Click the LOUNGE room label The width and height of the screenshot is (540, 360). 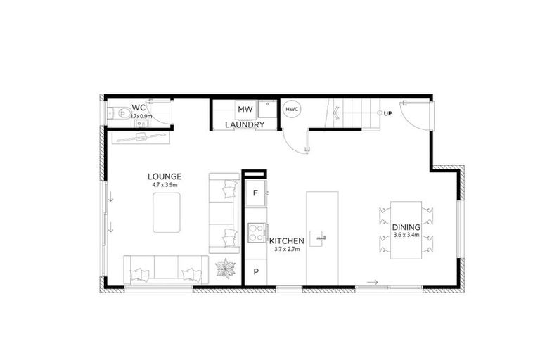point(165,176)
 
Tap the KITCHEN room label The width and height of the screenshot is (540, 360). point(286,240)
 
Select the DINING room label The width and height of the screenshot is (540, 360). point(406,227)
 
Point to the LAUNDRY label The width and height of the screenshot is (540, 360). point(245,125)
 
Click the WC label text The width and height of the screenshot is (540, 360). point(139,108)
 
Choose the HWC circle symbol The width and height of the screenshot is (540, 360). point(292,109)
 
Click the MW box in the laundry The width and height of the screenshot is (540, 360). point(245,110)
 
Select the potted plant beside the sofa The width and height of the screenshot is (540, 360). point(226,267)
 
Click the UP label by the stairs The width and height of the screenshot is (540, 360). point(387,113)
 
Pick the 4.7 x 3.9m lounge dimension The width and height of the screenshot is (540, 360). point(165,185)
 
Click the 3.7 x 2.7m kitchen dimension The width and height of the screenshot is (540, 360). point(286,249)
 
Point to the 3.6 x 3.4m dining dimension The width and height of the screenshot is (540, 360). point(406,236)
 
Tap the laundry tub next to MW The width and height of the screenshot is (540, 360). point(266,110)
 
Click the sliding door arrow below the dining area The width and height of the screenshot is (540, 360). point(373,283)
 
